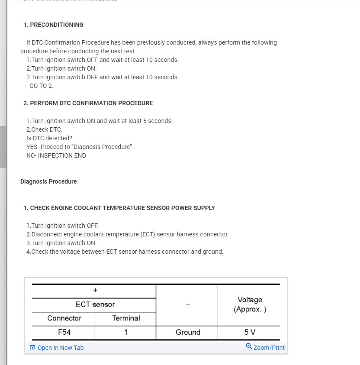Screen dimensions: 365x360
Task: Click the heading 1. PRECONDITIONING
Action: [53, 25]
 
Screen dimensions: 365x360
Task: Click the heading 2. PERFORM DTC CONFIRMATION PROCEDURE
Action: [88, 103]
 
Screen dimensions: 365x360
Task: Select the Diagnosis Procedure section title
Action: [48, 181]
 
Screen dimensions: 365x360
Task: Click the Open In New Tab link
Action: [60, 348]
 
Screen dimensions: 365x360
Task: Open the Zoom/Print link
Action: [269, 348]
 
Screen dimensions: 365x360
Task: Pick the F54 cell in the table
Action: [64, 332]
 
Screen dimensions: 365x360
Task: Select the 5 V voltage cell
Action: [250, 332]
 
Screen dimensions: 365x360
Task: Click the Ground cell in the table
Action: [188, 332]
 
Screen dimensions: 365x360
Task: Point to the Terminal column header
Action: [126, 318]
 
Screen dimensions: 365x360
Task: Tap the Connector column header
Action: [64, 318]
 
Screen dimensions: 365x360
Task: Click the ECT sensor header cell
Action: [95, 304]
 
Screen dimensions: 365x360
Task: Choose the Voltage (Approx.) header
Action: [250, 304]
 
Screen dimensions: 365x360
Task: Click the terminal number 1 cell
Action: [125, 332]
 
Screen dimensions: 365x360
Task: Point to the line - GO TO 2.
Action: [40, 86]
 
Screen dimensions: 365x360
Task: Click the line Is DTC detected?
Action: [49, 138]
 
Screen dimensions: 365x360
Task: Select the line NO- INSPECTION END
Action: [56, 155]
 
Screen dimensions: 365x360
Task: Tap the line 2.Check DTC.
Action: [44, 129]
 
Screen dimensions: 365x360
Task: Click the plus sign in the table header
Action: [95, 290]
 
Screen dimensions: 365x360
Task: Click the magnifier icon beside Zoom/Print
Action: [249, 346]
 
